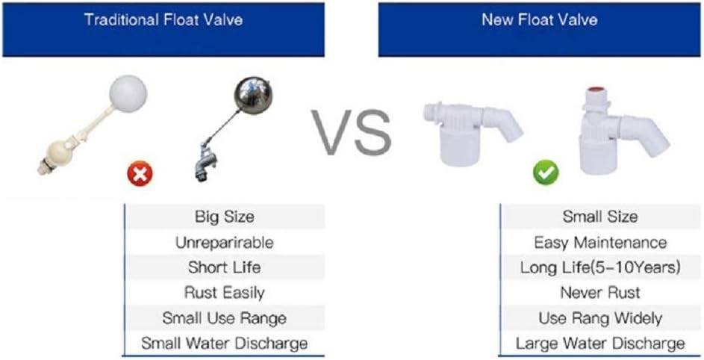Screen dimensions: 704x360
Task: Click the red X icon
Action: click(140, 173)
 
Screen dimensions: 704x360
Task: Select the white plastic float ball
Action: click(128, 94)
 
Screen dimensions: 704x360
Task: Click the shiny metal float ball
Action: click(252, 95)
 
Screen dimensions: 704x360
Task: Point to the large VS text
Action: click(352, 131)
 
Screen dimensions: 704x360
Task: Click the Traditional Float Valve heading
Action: click(163, 19)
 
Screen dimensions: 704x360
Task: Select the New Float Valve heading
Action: click(540, 19)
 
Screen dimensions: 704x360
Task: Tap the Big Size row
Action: click(224, 217)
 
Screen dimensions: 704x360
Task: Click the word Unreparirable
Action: click(224, 243)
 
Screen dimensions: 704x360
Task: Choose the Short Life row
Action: click(224, 267)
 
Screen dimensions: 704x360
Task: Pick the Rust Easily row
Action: click(224, 293)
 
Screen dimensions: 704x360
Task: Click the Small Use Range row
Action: click(224, 318)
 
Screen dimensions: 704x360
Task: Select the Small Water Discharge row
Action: click(224, 344)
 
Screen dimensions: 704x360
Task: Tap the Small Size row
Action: click(599, 217)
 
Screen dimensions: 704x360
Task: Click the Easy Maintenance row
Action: click(599, 243)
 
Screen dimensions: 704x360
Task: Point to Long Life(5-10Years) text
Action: click(600, 268)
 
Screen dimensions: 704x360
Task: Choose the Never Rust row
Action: click(599, 293)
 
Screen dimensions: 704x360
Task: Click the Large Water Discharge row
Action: click(599, 344)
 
